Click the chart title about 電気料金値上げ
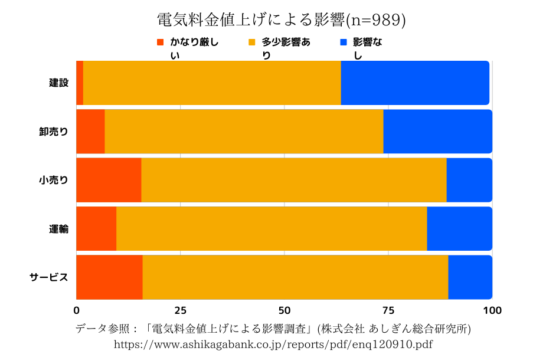pos(273,20)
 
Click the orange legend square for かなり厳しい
pos(160,42)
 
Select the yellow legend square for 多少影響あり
pos(252,42)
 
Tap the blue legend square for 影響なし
pos(344,42)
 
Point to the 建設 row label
pos(58,83)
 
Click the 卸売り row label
pos(53,132)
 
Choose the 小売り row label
pos(53,180)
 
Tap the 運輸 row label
pos(58,229)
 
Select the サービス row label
pos(49,277)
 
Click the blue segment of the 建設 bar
pos(415,83)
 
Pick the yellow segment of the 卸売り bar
pos(244,132)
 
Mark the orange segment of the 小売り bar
pos(109,180)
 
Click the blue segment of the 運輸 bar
pos(459,229)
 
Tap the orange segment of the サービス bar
pos(109,277)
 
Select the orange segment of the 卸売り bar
pos(90,132)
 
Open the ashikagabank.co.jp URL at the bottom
pos(273,344)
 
